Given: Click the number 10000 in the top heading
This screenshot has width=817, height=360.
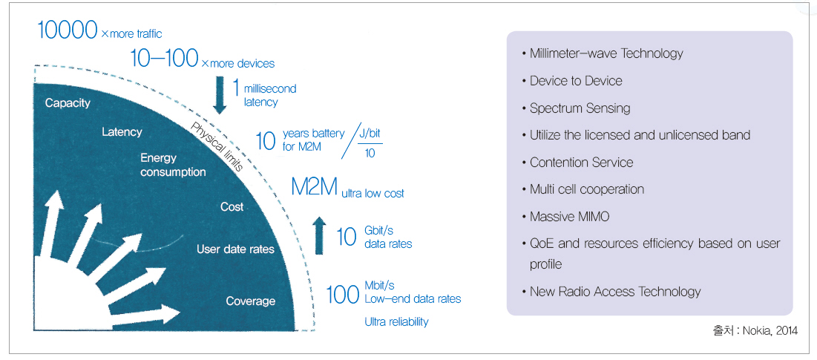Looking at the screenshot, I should pyautogui.click(x=68, y=30).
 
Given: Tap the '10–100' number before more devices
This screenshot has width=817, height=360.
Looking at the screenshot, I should pyautogui.click(x=164, y=59).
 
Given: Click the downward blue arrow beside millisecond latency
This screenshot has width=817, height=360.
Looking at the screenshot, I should pyautogui.click(x=219, y=95).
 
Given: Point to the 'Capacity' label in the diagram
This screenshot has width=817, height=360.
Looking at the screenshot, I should pyautogui.click(x=68, y=103).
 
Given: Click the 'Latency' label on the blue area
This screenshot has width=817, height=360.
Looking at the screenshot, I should pyautogui.click(x=122, y=132).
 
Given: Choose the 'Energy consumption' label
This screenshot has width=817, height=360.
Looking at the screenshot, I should pyautogui.click(x=173, y=165).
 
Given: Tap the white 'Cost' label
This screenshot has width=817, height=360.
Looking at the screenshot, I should pyautogui.click(x=232, y=207).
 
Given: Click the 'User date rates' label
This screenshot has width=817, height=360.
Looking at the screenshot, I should pyautogui.click(x=235, y=249).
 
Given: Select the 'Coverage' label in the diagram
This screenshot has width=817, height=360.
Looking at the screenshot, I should pyautogui.click(x=250, y=301).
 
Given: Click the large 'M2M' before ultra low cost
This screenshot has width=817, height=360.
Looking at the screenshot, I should pyautogui.click(x=314, y=188).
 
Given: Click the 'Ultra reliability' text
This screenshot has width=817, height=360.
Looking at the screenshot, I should pyautogui.click(x=396, y=322).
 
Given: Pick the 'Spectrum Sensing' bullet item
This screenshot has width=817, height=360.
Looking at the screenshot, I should pyautogui.click(x=580, y=108).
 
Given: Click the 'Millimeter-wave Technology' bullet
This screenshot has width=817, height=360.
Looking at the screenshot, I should pyautogui.click(x=606, y=53).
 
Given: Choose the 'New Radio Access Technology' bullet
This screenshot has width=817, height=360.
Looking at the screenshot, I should pyautogui.click(x=614, y=292).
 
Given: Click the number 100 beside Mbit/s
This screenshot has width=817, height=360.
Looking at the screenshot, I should pyautogui.click(x=343, y=295).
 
